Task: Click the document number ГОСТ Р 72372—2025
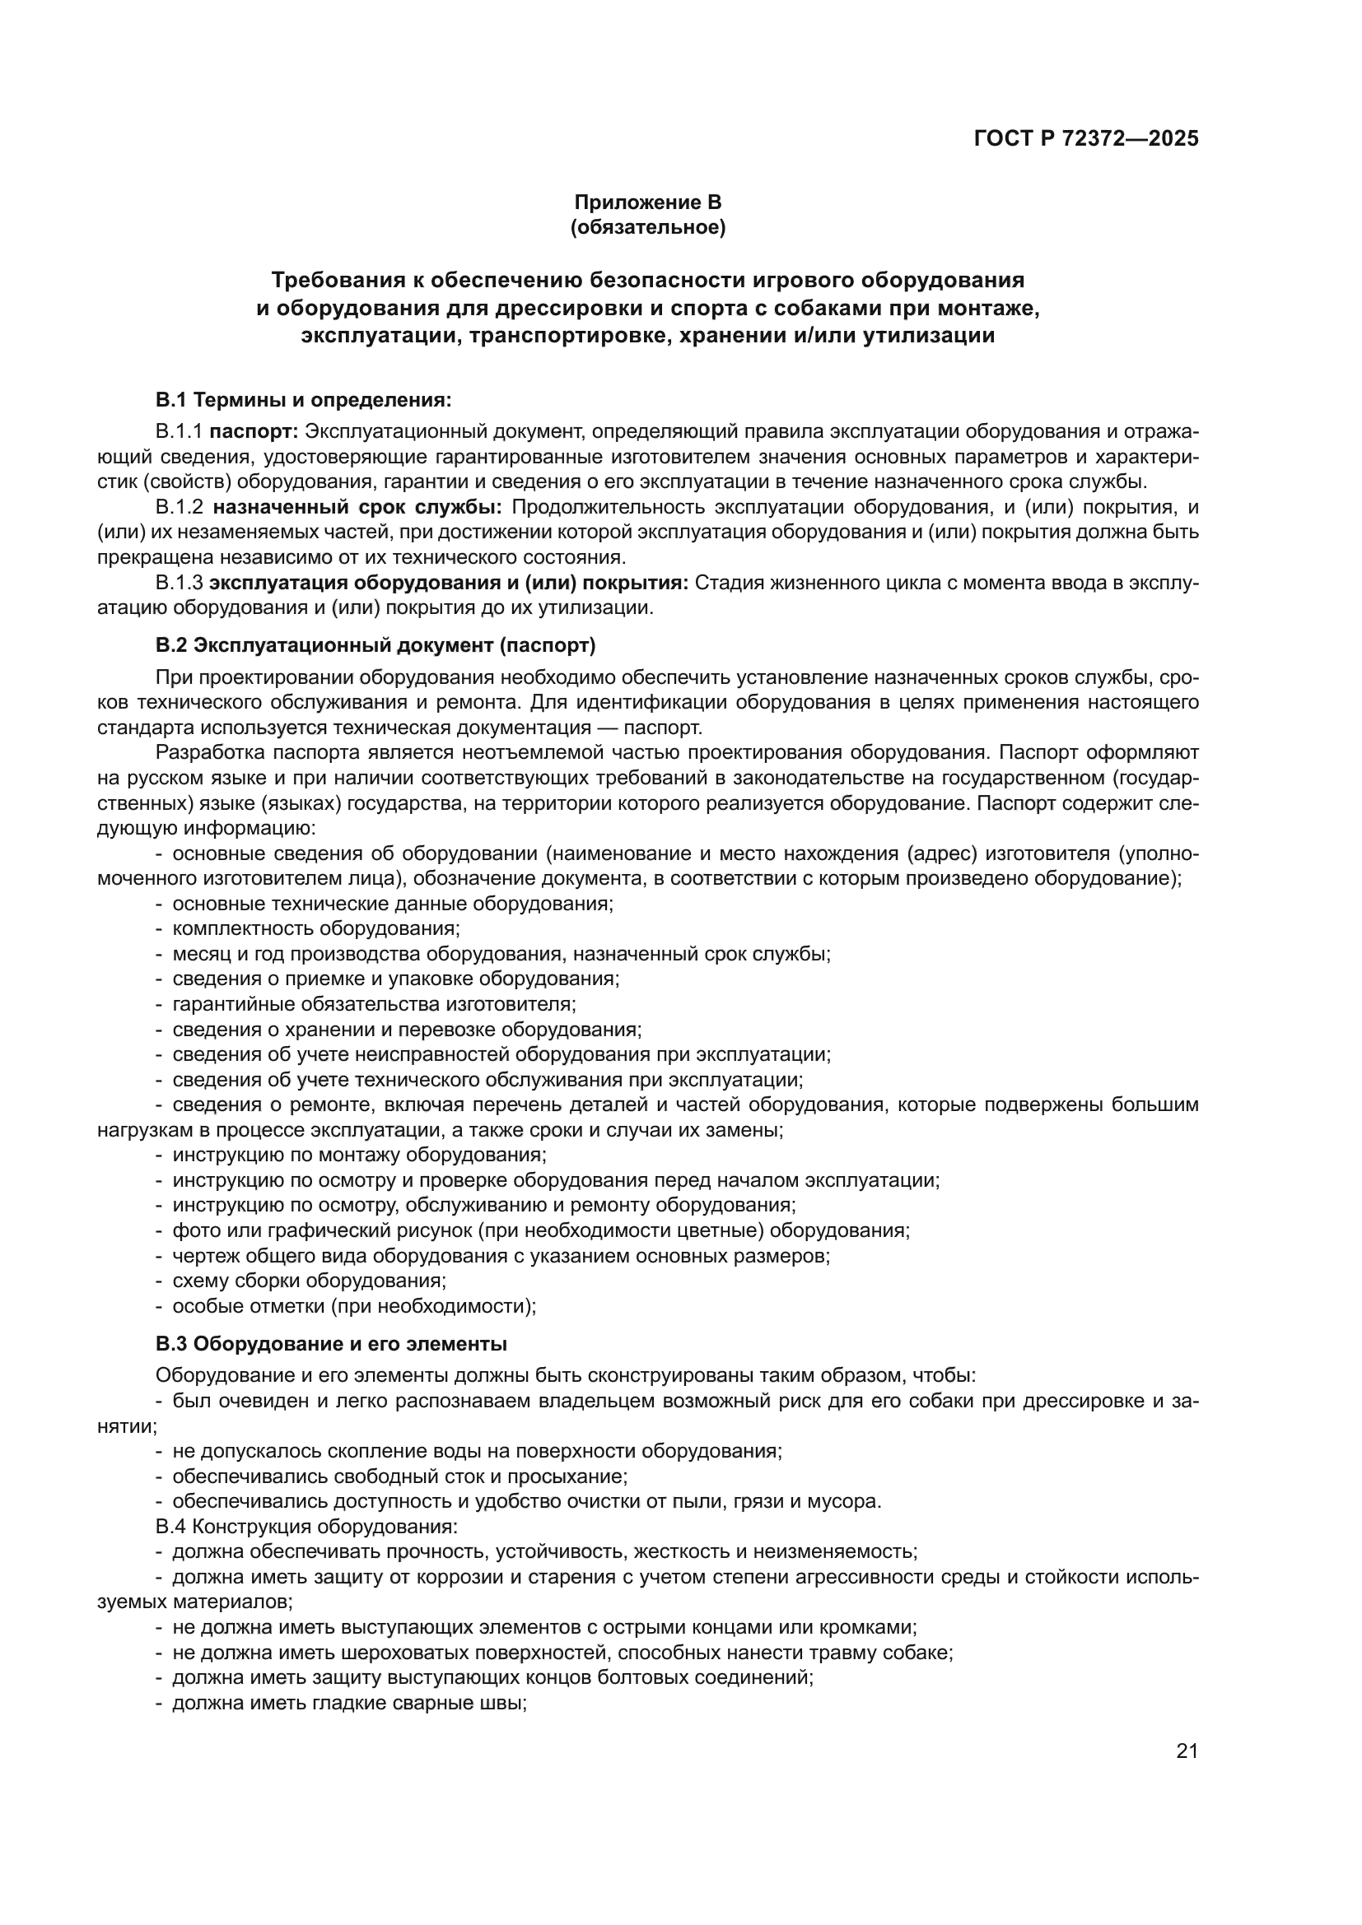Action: [x=1086, y=138]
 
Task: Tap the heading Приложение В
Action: [x=647, y=202]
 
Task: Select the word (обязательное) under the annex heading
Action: [x=647, y=227]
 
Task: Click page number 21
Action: [x=1187, y=1751]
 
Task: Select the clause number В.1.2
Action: [x=180, y=507]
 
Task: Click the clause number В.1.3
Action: [x=180, y=583]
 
